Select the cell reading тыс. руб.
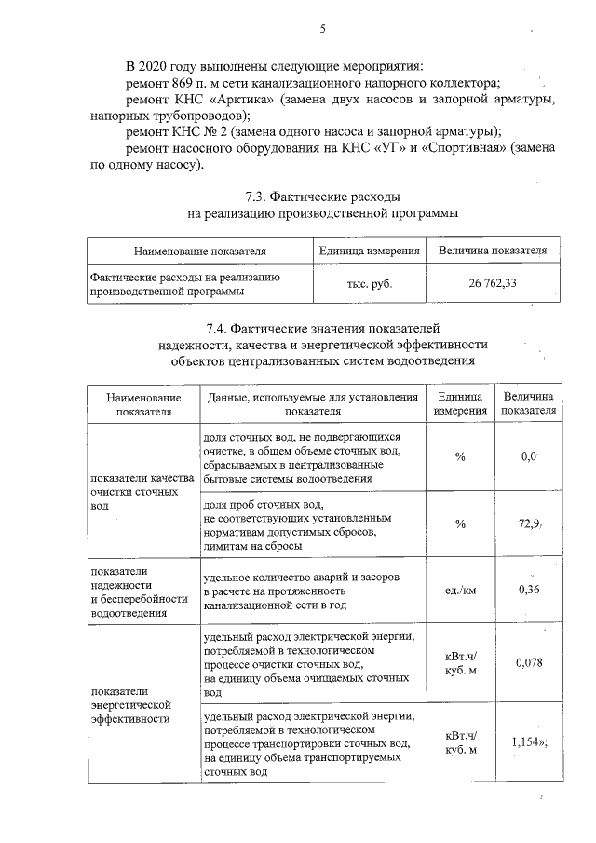point(369,283)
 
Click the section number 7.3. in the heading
point(257,197)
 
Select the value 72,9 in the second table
point(530,524)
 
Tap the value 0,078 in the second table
point(529,662)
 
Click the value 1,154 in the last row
point(527,741)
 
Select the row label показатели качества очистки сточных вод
point(141,492)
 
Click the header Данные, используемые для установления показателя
point(313,403)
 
